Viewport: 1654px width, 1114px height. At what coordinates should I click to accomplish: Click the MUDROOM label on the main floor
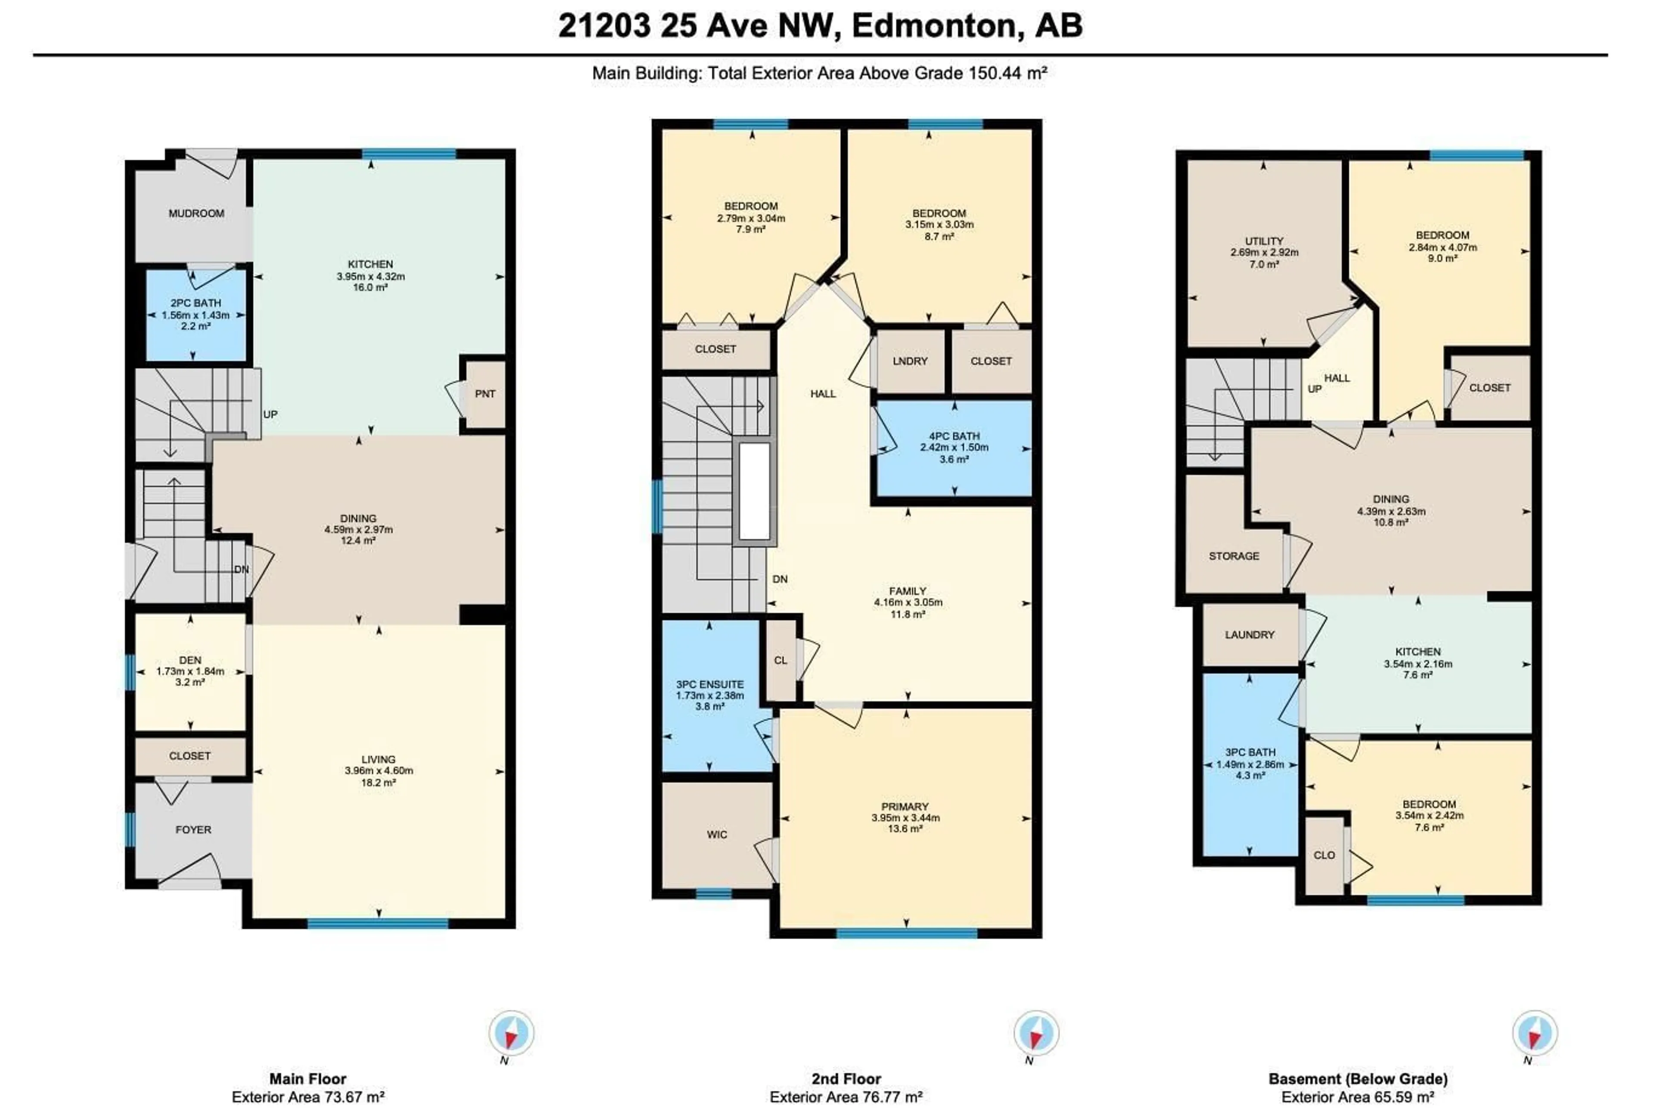pyautogui.click(x=196, y=213)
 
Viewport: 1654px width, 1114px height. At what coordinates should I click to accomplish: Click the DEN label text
pyautogui.click(x=190, y=660)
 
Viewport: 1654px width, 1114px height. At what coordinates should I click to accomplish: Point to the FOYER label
pyautogui.click(x=193, y=829)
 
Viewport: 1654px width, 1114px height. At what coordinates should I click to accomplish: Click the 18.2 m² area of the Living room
pyautogui.click(x=378, y=782)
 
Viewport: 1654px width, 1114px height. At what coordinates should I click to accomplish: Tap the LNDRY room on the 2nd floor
pyautogui.click(x=910, y=361)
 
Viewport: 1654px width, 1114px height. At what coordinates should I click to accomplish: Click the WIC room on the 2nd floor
pyautogui.click(x=717, y=834)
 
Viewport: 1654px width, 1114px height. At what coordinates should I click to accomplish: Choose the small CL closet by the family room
pyautogui.click(x=780, y=660)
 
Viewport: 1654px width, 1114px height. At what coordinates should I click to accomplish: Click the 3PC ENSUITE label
pyautogui.click(x=709, y=684)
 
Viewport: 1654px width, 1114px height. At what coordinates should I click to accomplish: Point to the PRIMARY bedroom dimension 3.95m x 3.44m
pyautogui.click(x=905, y=818)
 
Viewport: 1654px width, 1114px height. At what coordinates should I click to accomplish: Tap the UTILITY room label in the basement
pyautogui.click(x=1263, y=241)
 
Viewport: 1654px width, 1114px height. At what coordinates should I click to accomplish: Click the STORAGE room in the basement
pyautogui.click(x=1234, y=556)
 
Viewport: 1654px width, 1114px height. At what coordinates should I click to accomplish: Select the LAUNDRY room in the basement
pyautogui.click(x=1249, y=635)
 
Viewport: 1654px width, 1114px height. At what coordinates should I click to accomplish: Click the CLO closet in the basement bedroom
pyautogui.click(x=1324, y=855)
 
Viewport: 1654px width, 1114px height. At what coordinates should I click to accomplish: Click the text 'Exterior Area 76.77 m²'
pyautogui.click(x=846, y=1097)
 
